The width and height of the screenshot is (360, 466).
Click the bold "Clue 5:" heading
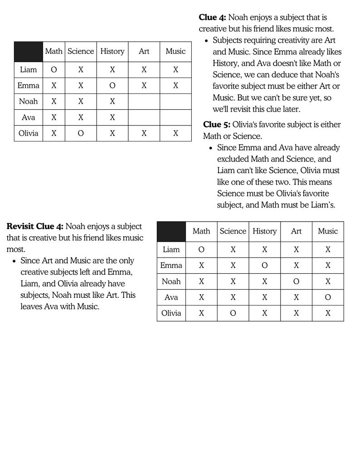click(x=217, y=125)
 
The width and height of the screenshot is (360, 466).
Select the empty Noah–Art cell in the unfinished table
click(x=144, y=102)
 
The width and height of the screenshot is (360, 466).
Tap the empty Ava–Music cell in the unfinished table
click(x=175, y=117)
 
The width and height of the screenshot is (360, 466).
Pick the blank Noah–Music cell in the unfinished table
click(x=175, y=102)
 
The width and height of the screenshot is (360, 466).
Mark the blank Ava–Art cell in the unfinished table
click(x=144, y=117)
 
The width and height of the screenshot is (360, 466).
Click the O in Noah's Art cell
click(x=296, y=282)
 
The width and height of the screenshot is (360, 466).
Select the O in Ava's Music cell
click(x=328, y=297)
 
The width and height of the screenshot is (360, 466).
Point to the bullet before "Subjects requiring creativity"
click(x=206, y=41)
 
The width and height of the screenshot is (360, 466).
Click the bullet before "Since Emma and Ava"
click(x=211, y=148)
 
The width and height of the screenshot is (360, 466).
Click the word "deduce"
click(x=295, y=75)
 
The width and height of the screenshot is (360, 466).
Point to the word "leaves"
click(x=31, y=306)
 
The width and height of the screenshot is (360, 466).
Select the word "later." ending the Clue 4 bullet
click(x=290, y=109)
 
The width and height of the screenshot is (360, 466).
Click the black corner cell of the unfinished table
click(x=28, y=52)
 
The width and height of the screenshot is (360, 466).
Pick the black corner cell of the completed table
click(x=171, y=232)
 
